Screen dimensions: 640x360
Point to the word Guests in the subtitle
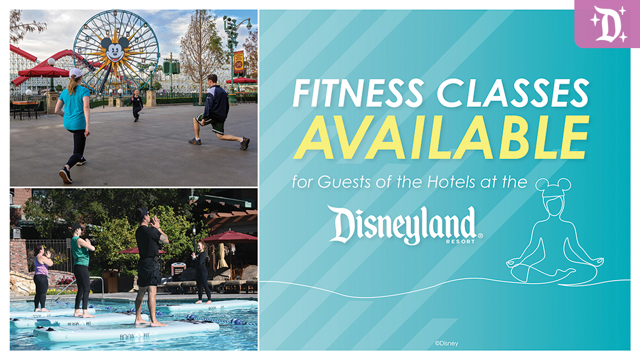344,182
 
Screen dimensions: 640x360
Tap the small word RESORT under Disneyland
461,242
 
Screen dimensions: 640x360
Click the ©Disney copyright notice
446,344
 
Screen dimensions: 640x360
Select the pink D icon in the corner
607,24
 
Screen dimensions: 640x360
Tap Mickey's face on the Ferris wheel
116,50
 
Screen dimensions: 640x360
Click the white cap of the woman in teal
76,73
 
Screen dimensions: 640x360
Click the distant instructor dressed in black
136,105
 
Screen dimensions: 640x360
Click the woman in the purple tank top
42,278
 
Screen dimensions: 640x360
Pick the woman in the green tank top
82,270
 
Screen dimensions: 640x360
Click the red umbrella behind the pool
230,237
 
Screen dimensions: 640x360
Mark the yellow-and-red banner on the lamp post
239,62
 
